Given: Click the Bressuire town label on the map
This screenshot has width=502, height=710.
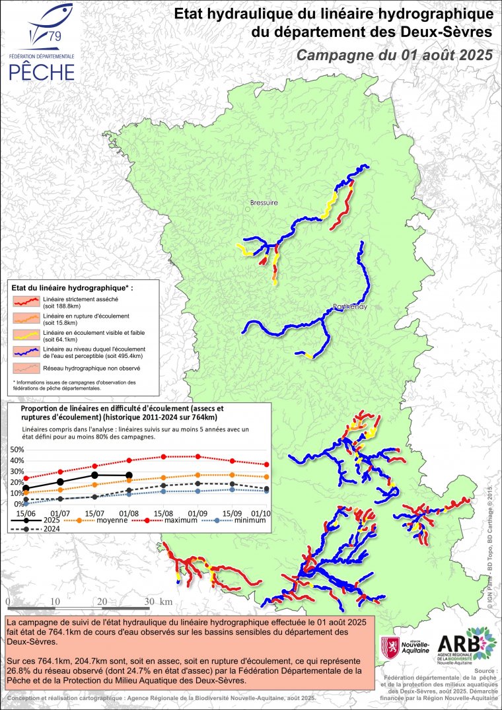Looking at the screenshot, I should (x=264, y=202).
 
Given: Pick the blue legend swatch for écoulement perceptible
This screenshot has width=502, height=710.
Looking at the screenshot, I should (x=28, y=351).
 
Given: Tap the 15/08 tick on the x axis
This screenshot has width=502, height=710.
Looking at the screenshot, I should (x=164, y=513).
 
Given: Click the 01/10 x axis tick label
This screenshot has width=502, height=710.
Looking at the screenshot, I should (x=261, y=513).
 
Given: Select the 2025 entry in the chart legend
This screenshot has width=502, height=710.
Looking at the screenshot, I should (x=40, y=520).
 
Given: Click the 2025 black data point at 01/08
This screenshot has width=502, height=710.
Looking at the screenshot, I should (x=129, y=476).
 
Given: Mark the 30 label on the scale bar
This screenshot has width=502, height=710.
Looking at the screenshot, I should (x=149, y=602).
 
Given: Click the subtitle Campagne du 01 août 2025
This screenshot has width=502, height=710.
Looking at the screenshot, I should (x=394, y=55).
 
